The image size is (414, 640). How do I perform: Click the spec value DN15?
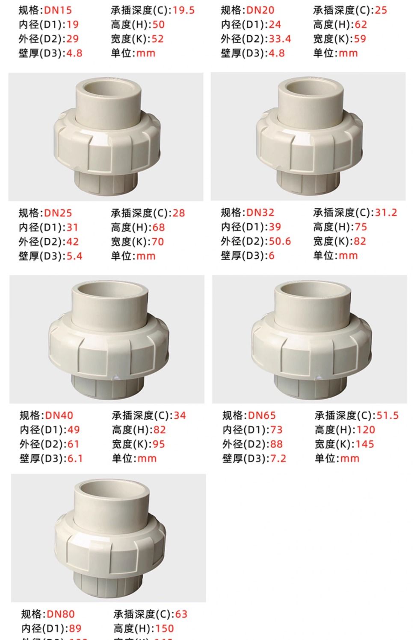tap(58, 10)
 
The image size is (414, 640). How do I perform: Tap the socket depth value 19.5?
tap(183, 10)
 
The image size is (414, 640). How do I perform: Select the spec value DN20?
tap(260, 10)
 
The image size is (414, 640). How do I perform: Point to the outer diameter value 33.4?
tap(280, 39)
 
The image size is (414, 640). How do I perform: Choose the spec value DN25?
tap(58, 213)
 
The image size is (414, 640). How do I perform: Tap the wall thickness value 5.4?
tap(74, 256)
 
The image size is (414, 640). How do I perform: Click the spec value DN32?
tap(260, 212)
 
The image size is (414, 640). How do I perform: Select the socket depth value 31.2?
tap(386, 212)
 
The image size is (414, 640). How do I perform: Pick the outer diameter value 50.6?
tap(280, 241)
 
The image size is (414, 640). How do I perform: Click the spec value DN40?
tap(59, 415)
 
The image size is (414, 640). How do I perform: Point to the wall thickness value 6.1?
tap(75, 459)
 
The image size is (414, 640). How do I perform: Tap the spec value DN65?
tap(262, 415)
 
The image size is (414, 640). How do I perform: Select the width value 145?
tap(364, 444)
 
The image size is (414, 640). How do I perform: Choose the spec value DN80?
tap(60, 614)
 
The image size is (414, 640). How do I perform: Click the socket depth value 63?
tap(181, 614)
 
